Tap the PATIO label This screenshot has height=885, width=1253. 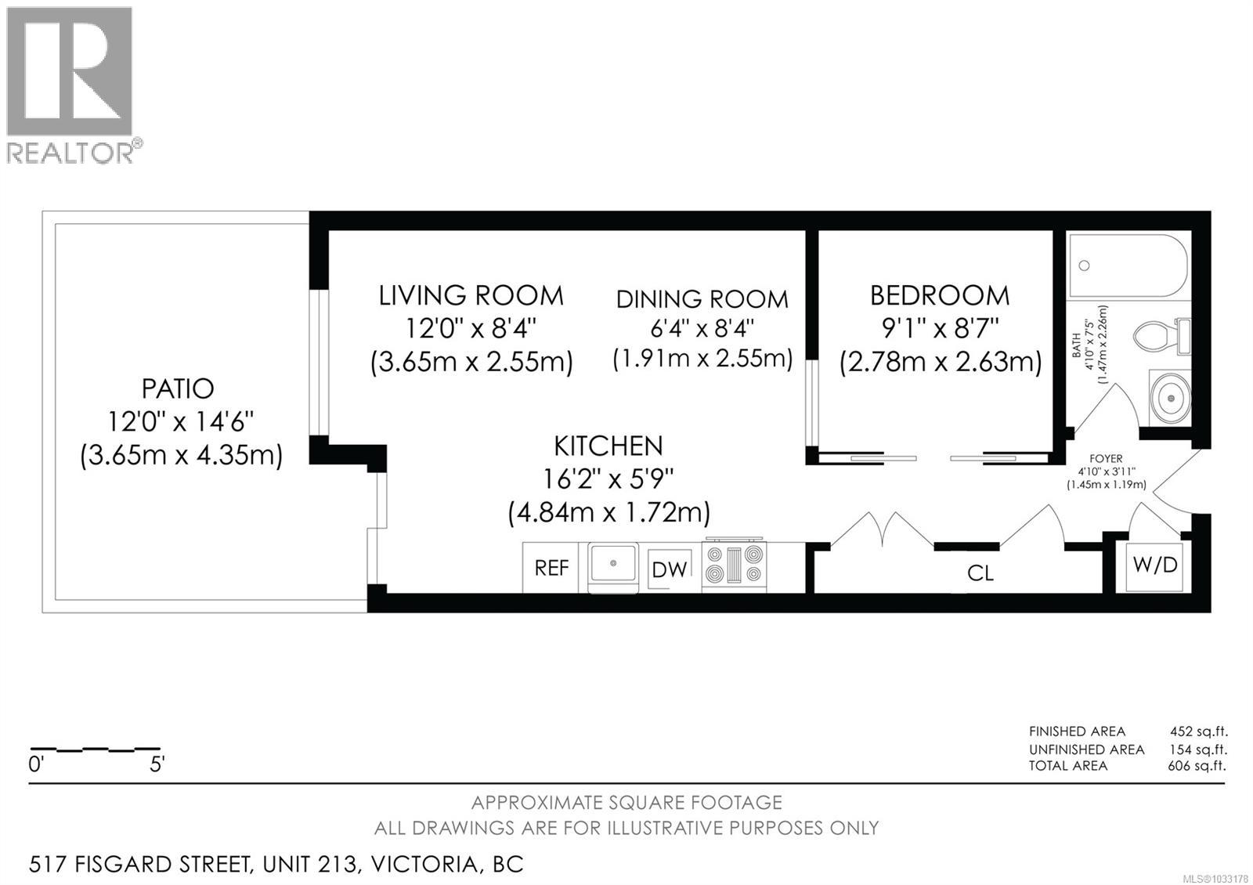(x=178, y=388)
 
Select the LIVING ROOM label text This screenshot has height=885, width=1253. (x=471, y=295)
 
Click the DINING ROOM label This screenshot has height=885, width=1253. (x=702, y=299)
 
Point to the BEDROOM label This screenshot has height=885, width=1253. (x=940, y=295)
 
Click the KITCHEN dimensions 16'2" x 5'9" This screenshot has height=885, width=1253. (x=608, y=478)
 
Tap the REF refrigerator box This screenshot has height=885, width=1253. (x=551, y=568)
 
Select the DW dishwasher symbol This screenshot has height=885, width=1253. (x=670, y=569)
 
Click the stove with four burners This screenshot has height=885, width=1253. (x=734, y=565)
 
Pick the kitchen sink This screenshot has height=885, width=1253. (x=612, y=563)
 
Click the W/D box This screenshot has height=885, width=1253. (x=1157, y=565)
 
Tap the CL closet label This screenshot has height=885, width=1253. (x=980, y=573)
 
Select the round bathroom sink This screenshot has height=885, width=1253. (x=1170, y=398)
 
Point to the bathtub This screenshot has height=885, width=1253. (x=1128, y=266)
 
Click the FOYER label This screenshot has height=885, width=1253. (x=1106, y=459)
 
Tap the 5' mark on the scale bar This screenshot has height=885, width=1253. (x=157, y=764)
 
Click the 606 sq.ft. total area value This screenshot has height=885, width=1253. (x=1197, y=765)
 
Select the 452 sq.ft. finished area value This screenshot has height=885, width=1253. (x=1198, y=731)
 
